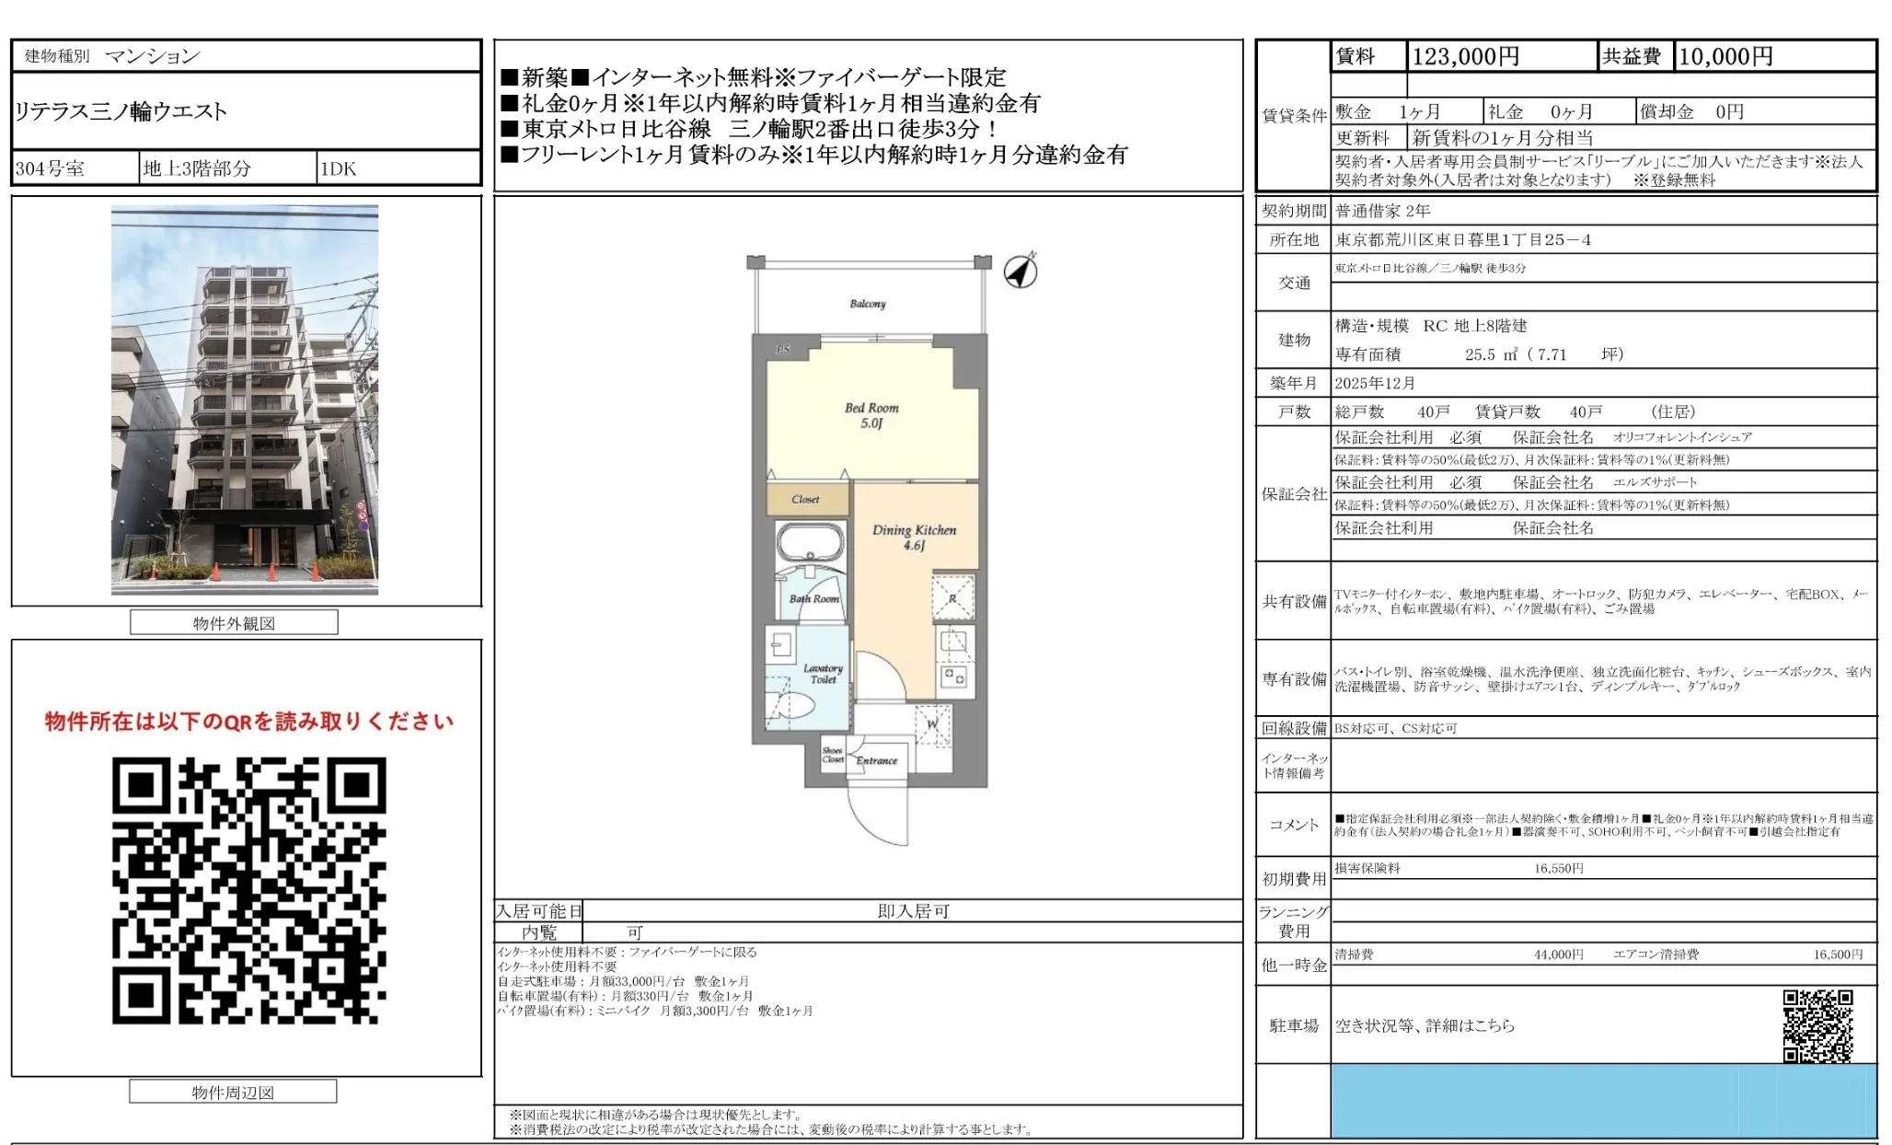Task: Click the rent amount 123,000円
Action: coord(1465,57)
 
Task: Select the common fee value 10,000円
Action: coord(1725,57)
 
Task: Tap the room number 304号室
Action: coord(50,168)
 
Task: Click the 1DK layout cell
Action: coord(338,168)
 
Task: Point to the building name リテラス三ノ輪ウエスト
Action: coord(121,111)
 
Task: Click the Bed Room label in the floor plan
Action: coord(871,415)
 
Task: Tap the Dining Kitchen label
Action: coord(914,537)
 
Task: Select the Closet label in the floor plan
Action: coord(805,499)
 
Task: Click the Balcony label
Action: coord(867,303)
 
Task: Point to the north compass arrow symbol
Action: coord(1021,271)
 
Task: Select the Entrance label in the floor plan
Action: coord(876,760)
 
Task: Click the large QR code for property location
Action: coord(248,890)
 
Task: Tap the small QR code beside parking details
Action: coord(1817,1025)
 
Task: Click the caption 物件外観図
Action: coord(234,623)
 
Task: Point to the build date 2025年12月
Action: coord(1375,383)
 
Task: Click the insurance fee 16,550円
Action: coord(1558,868)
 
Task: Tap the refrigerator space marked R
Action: coord(952,598)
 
